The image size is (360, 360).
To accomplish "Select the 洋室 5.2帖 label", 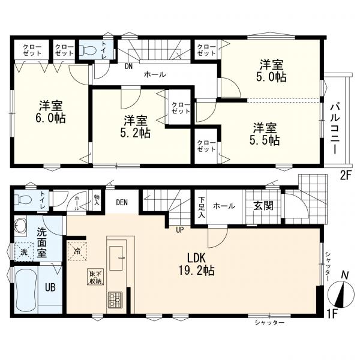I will (136, 127).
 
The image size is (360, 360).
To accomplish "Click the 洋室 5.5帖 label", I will (265, 134).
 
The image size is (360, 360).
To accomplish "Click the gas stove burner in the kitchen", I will (115, 299).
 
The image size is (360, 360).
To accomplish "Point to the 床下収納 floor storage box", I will (96, 277).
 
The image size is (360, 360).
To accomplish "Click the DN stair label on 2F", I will (128, 67).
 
